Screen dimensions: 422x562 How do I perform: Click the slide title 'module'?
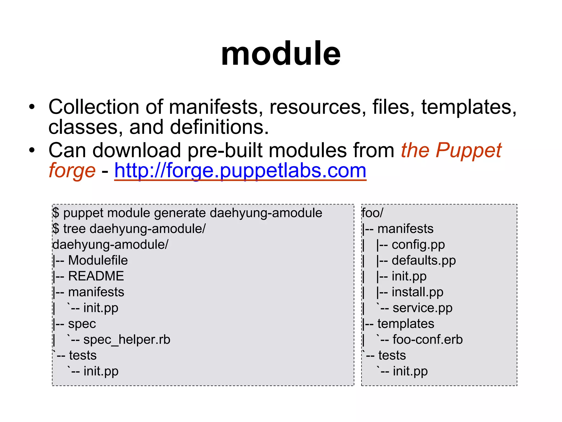click(281, 53)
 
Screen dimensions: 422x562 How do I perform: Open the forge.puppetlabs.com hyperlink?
click(240, 170)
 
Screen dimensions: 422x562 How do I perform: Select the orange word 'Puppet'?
click(468, 151)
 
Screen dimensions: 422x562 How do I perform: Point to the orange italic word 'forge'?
click(72, 170)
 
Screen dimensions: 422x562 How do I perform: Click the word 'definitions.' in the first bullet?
click(219, 127)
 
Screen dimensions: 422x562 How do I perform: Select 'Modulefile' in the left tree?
click(98, 260)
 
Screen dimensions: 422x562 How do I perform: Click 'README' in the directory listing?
click(96, 276)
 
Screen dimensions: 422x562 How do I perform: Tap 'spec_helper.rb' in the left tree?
click(127, 340)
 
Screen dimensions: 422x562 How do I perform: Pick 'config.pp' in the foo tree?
click(418, 245)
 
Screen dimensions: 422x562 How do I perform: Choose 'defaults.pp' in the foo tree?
click(423, 260)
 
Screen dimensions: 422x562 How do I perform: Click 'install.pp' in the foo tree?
click(417, 292)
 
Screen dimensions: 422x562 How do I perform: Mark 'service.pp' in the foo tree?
click(422, 308)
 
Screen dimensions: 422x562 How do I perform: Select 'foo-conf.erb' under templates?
click(428, 340)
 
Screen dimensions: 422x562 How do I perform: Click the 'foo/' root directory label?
click(372, 213)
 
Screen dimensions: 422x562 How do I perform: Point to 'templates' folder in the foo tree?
click(406, 324)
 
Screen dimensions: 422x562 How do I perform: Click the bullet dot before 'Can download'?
click(32, 151)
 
